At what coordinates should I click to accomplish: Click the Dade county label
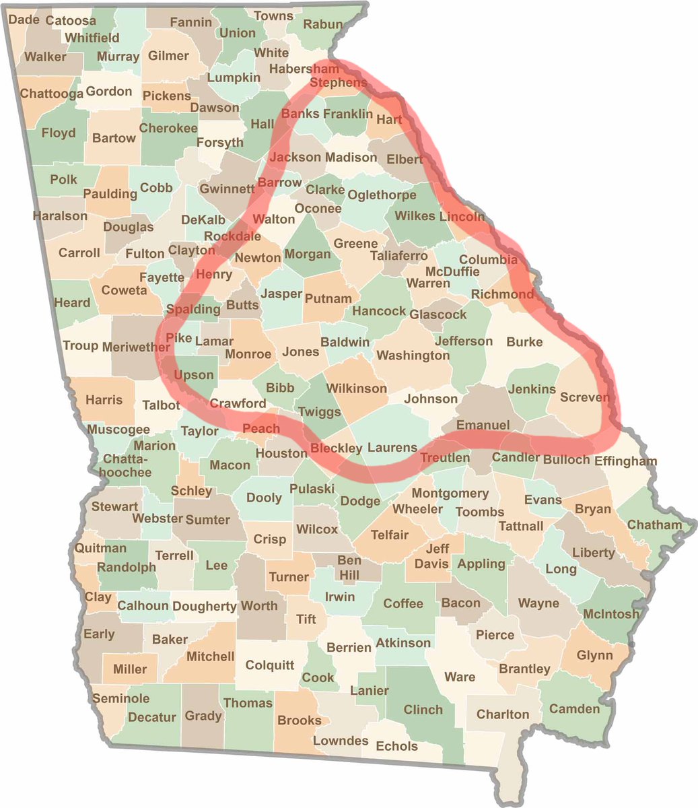[x=24, y=20]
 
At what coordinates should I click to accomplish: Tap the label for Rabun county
[x=323, y=25]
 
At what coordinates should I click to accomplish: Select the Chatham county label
[x=654, y=525]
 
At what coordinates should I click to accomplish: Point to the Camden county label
[x=574, y=708]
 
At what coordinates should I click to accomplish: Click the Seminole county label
[x=120, y=698]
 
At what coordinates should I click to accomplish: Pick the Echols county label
[x=396, y=746]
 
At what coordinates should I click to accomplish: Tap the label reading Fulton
[x=145, y=253]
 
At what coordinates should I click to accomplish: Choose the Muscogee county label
[x=118, y=430]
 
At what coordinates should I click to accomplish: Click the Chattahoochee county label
[x=127, y=465]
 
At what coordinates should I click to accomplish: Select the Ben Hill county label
[x=349, y=567]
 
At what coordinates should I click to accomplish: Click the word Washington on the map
[x=413, y=355]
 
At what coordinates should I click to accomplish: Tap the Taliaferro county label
[x=398, y=256]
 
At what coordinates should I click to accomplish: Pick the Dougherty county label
[x=204, y=606]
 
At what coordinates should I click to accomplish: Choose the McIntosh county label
[x=611, y=613]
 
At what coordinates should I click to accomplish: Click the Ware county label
[x=460, y=677]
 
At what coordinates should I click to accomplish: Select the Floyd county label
[x=59, y=133]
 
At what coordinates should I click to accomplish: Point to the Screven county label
[x=584, y=397]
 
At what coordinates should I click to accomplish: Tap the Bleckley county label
[x=337, y=448]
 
